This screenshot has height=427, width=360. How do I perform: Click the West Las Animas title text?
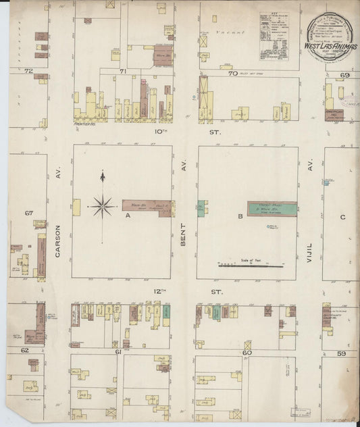click(331, 47)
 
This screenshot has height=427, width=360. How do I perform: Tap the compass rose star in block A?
click(103, 205)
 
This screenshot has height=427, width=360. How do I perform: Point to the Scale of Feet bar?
click(249, 266)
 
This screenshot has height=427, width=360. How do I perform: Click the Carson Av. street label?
click(58, 240)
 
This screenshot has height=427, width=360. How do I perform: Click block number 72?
click(28, 70)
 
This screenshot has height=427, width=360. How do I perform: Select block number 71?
click(123, 70)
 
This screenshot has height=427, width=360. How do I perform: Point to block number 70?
click(232, 73)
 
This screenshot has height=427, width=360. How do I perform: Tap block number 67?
click(29, 213)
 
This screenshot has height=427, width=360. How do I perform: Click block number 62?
click(24, 351)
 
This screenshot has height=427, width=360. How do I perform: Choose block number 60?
click(247, 352)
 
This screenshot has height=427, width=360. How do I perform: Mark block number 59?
click(342, 353)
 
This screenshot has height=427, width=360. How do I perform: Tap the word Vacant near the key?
click(223, 32)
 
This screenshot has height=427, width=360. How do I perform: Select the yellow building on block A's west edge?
click(76, 207)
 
